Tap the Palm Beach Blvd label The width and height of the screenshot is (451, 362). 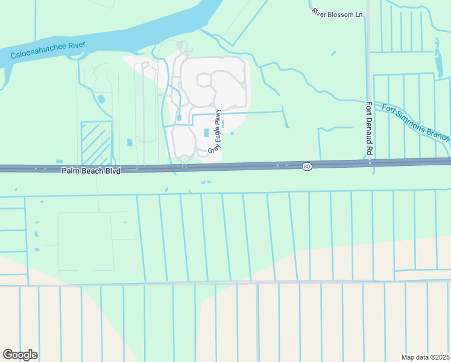pos(91,171)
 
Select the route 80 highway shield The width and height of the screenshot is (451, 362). pos(307,167)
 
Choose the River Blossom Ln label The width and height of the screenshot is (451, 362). pos(338,13)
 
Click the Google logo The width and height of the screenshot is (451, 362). pos(20,355)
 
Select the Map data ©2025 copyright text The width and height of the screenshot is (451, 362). pos(426,357)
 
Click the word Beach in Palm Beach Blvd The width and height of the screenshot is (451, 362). pos(92,171)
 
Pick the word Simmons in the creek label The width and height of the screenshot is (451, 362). pos(414,121)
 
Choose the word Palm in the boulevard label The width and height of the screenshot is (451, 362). pos(71,171)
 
